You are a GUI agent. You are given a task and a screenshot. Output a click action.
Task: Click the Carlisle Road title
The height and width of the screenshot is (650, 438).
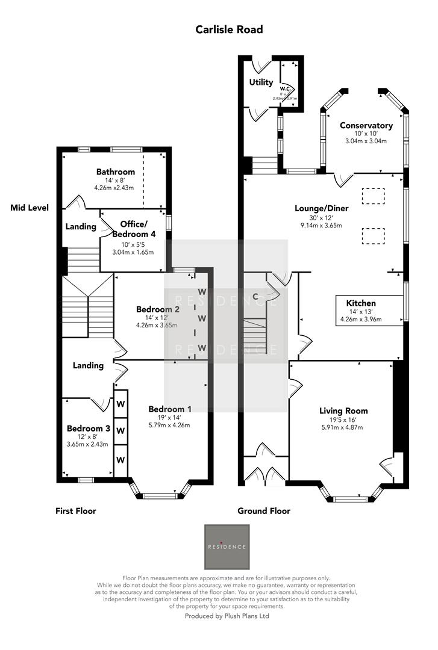[x=229, y=29]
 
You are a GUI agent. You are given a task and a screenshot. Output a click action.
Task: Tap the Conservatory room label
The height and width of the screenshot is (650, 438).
[x=366, y=125]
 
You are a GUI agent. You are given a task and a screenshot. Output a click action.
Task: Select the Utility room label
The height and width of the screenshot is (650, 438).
[x=261, y=82]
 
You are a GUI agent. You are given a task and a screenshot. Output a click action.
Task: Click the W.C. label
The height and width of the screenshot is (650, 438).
[x=286, y=88]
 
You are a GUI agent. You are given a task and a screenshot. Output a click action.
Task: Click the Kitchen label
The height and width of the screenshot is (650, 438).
[x=361, y=303]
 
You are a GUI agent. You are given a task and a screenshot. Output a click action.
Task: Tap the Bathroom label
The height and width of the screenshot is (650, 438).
[x=116, y=172]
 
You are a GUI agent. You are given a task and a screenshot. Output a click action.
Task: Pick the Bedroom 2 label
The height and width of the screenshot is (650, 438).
[x=157, y=309]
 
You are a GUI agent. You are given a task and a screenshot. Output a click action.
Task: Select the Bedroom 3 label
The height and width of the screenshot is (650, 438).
[x=89, y=428]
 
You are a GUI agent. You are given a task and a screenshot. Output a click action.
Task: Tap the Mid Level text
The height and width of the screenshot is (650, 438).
[x=30, y=208]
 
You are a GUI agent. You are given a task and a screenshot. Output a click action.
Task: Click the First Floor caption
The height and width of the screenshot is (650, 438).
[x=76, y=511]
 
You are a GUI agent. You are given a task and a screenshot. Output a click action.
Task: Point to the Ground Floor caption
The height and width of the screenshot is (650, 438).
[x=264, y=511]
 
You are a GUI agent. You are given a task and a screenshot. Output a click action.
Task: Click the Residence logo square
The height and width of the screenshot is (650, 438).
[x=227, y=546]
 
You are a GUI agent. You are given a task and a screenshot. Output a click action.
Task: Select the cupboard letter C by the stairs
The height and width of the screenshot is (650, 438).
[x=255, y=296]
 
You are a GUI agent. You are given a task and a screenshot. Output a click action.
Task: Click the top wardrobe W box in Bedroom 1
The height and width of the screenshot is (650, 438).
[x=120, y=400]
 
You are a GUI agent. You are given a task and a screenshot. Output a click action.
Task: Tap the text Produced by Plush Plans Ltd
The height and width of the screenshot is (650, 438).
[x=227, y=616]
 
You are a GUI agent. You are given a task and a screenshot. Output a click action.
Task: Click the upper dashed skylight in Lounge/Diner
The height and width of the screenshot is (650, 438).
[x=373, y=197]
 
